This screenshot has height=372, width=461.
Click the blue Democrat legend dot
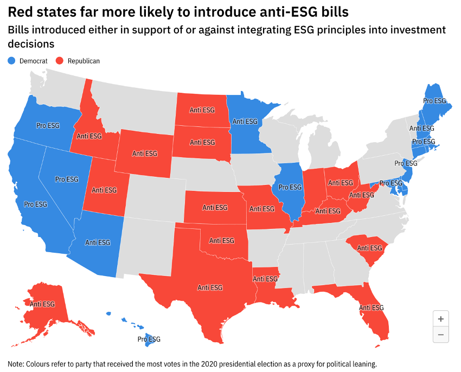[x=12, y=61]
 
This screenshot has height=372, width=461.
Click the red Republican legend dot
[x=60, y=61]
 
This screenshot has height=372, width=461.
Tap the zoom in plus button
[x=441, y=319]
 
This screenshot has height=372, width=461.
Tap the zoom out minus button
[x=441, y=335]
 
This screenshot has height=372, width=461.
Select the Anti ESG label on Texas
[x=210, y=287]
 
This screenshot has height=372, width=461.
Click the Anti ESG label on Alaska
[x=43, y=304]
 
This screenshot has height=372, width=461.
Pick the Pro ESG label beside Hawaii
[x=149, y=339]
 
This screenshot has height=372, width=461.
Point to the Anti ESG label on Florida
[x=372, y=307]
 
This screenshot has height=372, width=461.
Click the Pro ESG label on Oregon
[x=48, y=125]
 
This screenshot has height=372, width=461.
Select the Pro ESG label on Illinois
[x=290, y=187]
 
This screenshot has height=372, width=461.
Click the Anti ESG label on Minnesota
[x=245, y=122]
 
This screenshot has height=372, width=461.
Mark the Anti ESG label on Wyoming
[x=145, y=153]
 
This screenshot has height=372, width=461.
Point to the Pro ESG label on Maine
[x=434, y=101]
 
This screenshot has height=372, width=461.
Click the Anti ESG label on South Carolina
[x=370, y=248]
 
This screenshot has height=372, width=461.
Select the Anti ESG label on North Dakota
[x=202, y=110]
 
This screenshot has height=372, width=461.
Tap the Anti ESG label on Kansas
[x=215, y=207]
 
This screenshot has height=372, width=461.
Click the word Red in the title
[x=20, y=11]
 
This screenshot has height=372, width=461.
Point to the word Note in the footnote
[x=16, y=363]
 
